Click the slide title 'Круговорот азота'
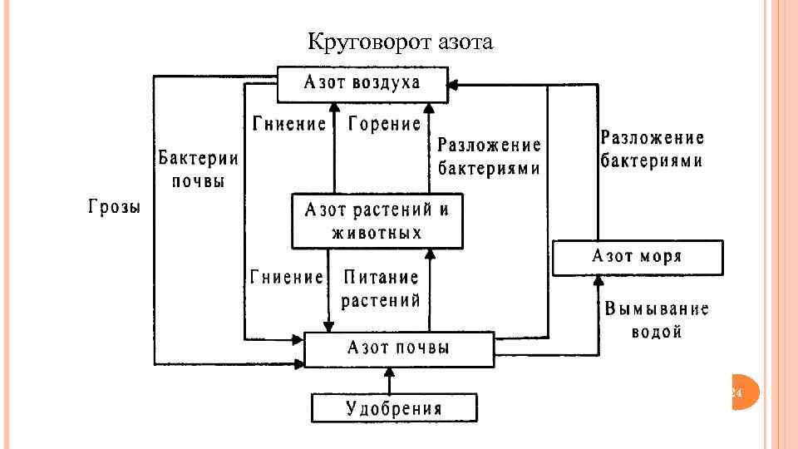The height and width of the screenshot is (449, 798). (x=400, y=41)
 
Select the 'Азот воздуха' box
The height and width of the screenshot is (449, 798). (x=362, y=82)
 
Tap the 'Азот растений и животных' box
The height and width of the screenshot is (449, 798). (x=377, y=221)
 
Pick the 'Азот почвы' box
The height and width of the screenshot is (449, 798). (x=399, y=348)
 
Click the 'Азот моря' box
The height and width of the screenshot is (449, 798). (x=637, y=257)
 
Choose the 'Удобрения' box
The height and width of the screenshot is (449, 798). (x=394, y=407)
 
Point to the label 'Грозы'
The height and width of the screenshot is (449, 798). (x=115, y=207)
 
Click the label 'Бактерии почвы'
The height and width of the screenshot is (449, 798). (x=198, y=170)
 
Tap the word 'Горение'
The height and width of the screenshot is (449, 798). (x=385, y=125)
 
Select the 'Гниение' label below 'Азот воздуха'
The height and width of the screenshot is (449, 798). (x=289, y=125)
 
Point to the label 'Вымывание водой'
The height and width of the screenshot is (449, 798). (x=657, y=320)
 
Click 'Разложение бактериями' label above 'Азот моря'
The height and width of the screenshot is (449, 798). (x=652, y=150)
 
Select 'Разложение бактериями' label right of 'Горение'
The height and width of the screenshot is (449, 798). (x=490, y=157)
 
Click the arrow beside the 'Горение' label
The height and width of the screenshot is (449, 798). (x=429, y=146)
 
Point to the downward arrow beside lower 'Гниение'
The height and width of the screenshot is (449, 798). (x=328, y=299)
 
